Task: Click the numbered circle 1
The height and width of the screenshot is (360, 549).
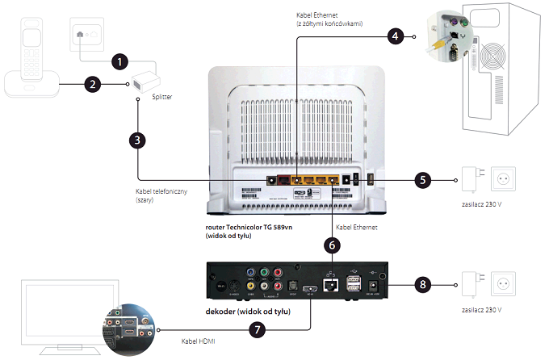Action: [119, 61]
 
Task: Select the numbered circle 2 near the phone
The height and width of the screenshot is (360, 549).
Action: [94, 83]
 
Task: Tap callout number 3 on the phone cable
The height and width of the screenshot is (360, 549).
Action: [138, 140]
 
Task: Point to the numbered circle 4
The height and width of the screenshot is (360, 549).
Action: [394, 36]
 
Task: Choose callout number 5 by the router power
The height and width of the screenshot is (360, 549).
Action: [422, 179]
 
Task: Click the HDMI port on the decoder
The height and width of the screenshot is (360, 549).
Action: [310, 289]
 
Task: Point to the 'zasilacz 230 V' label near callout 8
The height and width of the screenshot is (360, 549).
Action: [484, 309]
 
